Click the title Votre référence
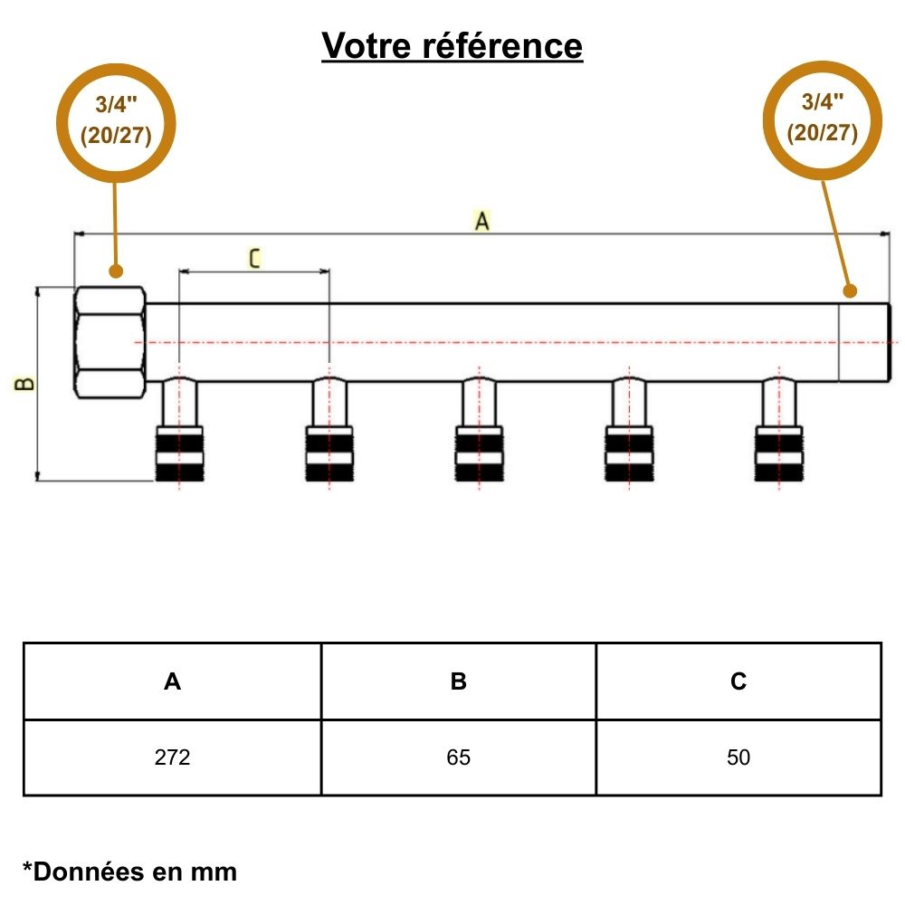click(452, 44)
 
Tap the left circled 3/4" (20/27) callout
click(116, 121)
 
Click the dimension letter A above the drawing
click(481, 220)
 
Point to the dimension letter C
click(254, 259)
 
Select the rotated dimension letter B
click(26, 383)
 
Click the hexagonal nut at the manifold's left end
click(109, 342)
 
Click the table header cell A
click(172, 681)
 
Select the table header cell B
click(458, 681)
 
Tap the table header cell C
click(738, 681)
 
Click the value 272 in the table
click(172, 757)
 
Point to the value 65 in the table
click(458, 757)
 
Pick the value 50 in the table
click(738, 757)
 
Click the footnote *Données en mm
click(129, 872)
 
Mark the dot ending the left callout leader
click(115, 271)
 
